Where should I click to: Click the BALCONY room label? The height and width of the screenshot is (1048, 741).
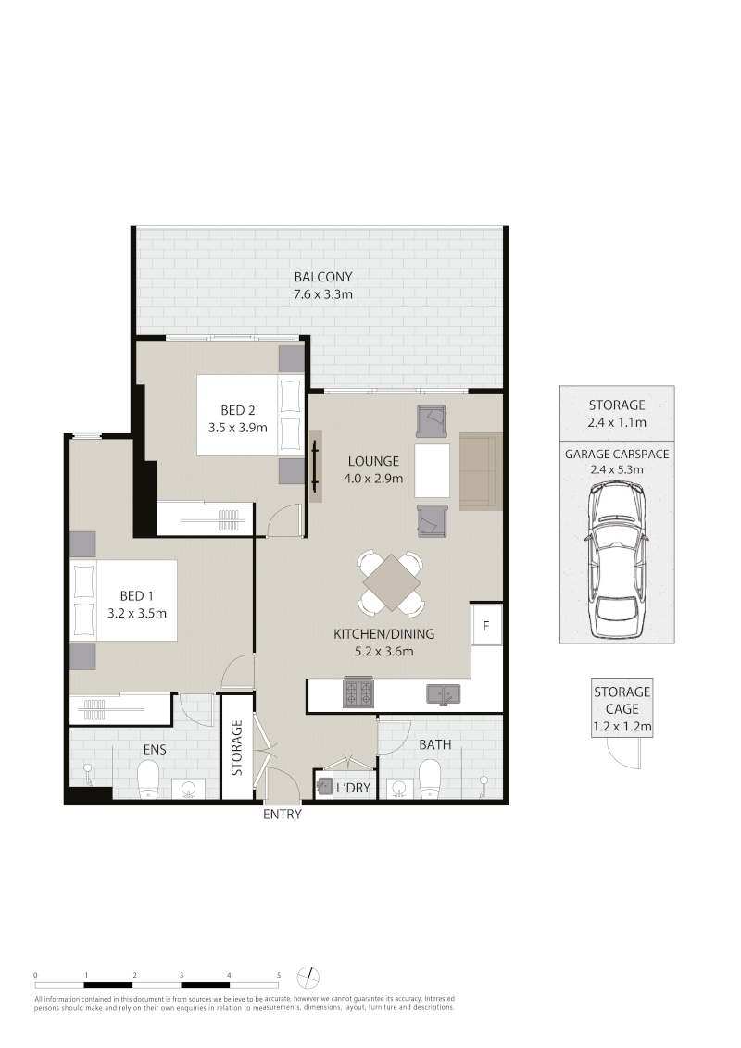pyautogui.click(x=323, y=277)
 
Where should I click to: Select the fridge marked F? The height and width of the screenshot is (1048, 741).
pyautogui.click(x=486, y=624)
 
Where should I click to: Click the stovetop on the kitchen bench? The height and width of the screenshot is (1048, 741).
pyautogui.click(x=359, y=692)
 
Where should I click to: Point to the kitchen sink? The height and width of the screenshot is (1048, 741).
pyautogui.click(x=443, y=693)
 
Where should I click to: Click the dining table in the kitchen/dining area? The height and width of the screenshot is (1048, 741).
pyautogui.click(x=392, y=582)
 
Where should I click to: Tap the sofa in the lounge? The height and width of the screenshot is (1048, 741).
pyautogui.click(x=481, y=471)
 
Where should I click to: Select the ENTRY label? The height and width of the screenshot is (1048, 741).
pyautogui.click(x=283, y=814)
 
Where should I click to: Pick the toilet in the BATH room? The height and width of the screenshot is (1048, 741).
pyautogui.click(x=430, y=780)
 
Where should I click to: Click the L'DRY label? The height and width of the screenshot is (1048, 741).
pyautogui.click(x=353, y=788)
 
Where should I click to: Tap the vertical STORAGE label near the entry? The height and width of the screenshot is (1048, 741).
pyautogui.click(x=237, y=747)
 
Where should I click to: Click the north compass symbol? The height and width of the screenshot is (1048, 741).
pyautogui.click(x=309, y=977)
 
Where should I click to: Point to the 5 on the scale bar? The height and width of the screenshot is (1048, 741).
pyautogui.click(x=278, y=975)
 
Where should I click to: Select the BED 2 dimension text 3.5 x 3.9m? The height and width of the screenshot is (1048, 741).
pyautogui.click(x=237, y=428)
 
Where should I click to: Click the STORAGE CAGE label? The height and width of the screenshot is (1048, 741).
pyautogui.click(x=622, y=701)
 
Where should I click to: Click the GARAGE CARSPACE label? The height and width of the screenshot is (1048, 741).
pyautogui.click(x=617, y=455)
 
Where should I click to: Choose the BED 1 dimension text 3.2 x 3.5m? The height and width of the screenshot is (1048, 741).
pyautogui.click(x=137, y=613)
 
